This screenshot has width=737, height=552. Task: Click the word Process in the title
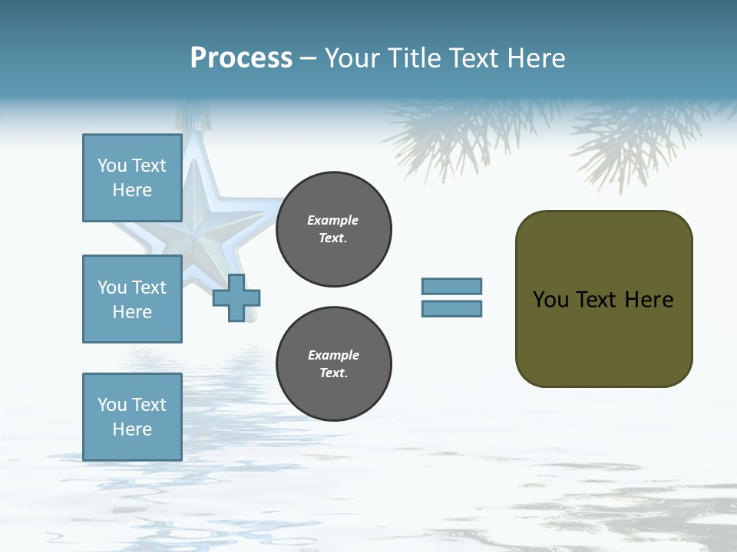(x=241, y=58)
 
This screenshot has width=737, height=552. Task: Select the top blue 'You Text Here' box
(x=132, y=178)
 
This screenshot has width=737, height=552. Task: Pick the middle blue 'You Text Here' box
(x=132, y=299)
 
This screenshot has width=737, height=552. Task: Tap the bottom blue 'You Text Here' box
(x=132, y=416)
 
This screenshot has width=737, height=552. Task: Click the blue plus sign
(x=236, y=298)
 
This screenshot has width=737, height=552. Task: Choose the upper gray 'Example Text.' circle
(x=333, y=229)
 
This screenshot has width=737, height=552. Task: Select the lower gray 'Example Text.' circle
(x=333, y=364)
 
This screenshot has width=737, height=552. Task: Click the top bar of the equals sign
(x=451, y=286)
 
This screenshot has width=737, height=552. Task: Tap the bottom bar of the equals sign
(x=451, y=309)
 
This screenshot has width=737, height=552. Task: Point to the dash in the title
(x=308, y=59)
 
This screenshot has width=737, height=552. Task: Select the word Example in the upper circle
(x=333, y=220)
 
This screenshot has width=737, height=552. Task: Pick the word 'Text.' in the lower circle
(x=333, y=373)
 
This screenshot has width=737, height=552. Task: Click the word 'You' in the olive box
(x=550, y=300)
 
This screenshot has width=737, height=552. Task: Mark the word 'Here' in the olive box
(x=649, y=300)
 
